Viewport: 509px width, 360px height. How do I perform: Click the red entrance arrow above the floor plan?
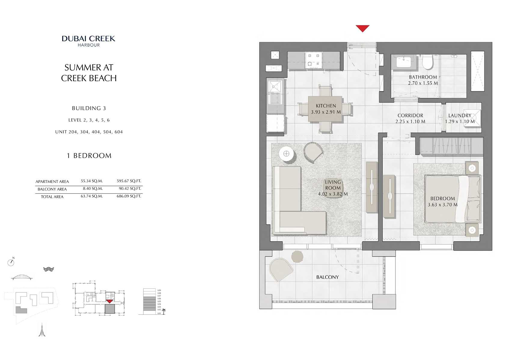(x=362, y=28)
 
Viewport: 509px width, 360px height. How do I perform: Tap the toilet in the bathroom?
(x=427, y=62)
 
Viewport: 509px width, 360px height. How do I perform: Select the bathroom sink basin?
(x=403, y=63)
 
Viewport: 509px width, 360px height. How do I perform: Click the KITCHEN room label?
(x=326, y=106)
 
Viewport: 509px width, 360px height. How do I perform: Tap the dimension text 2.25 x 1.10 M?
(x=410, y=122)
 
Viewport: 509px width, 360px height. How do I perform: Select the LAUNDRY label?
(x=459, y=115)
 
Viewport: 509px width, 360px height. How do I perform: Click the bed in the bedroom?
(x=452, y=199)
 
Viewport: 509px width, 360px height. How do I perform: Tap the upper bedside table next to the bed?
(x=472, y=168)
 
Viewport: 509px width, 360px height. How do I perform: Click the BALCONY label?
(x=327, y=277)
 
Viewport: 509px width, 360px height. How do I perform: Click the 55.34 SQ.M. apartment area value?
(x=92, y=181)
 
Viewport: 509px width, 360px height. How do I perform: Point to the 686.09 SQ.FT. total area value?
(x=129, y=196)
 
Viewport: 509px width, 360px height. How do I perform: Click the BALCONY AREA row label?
(x=52, y=189)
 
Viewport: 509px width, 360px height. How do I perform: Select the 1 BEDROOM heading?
(x=89, y=155)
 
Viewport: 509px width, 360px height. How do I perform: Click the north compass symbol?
(x=11, y=262)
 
